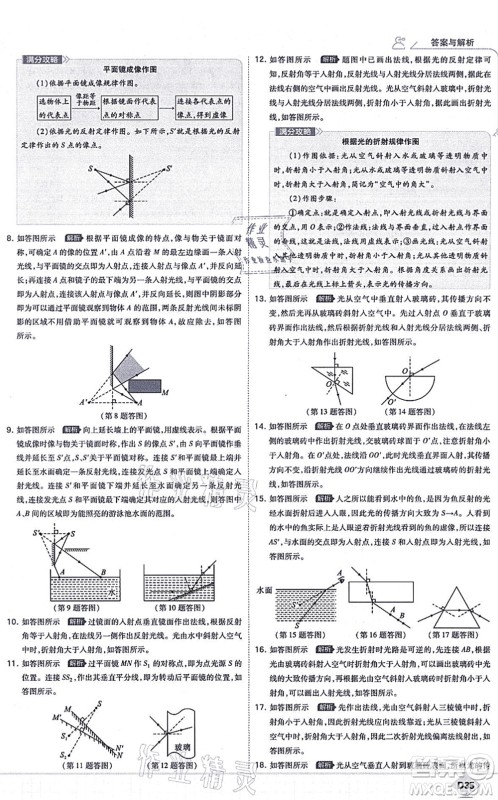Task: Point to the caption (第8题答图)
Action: (123, 413)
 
